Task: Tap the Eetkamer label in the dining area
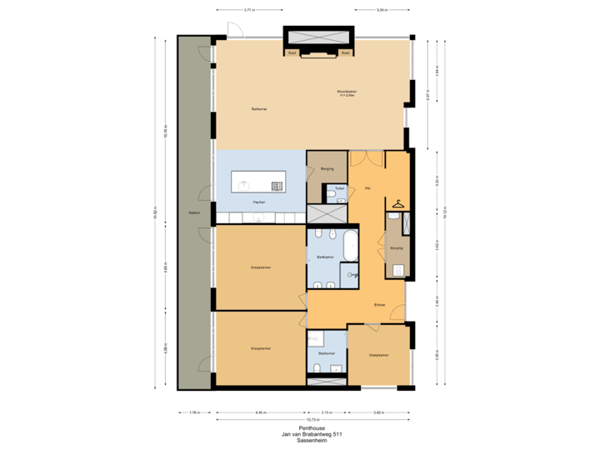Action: [258, 109]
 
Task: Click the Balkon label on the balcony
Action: [194, 212]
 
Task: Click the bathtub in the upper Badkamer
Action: [352, 247]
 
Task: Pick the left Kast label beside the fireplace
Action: [292, 52]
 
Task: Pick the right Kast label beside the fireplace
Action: [344, 52]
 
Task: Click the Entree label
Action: [379, 306]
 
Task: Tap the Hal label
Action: [367, 187]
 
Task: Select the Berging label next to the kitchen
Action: [327, 168]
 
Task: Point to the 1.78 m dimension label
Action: [194, 412]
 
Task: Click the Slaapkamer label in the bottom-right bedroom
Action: [380, 354]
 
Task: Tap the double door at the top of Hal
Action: [366, 158]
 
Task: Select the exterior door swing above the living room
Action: [235, 31]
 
